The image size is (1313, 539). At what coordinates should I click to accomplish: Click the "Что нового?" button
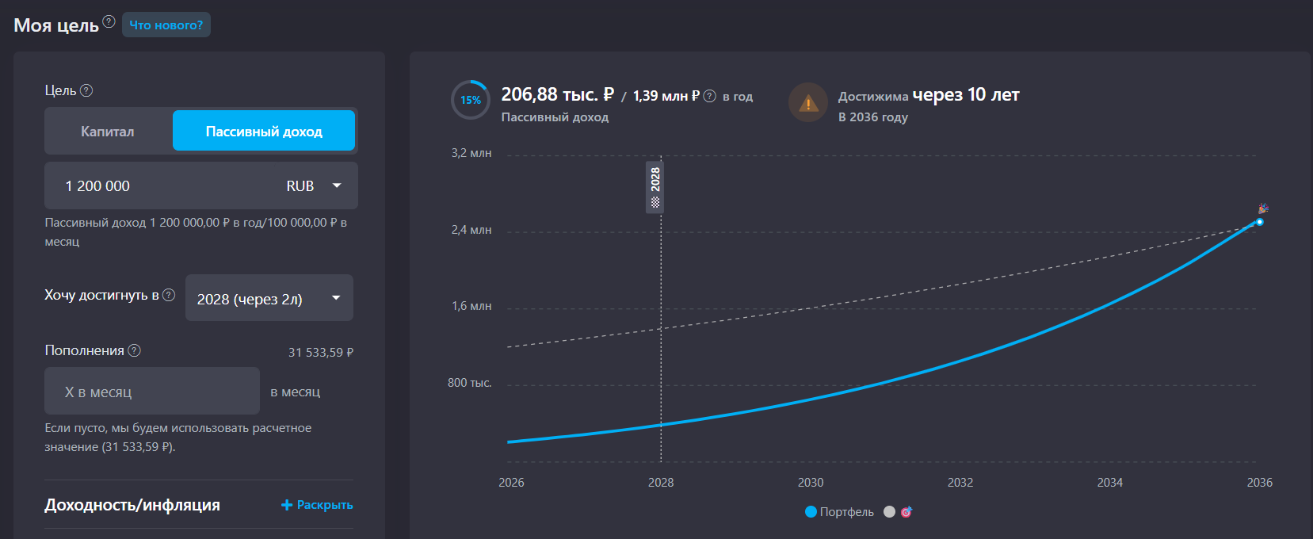pyautogui.click(x=166, y=25)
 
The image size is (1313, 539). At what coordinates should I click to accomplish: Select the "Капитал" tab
pyautogui.click(x=108, y=132)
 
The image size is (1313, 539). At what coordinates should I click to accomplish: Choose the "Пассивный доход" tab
pyautogui.click(x=264, y=132)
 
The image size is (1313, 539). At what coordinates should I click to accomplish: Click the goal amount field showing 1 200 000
pyautogui.click(x=158, y=186)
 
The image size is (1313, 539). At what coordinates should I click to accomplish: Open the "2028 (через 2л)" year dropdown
pyautogui.click(x=269, y=299)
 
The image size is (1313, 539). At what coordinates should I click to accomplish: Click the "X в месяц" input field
pyautogui.click(x=151, y=392)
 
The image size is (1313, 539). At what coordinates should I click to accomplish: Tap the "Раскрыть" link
pyautogui.click(x=317, y=505)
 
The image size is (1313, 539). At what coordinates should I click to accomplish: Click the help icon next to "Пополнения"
pyautogui.click(x=135, y=350)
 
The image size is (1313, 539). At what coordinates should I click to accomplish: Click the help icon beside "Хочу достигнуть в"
pyautogui.click(x=169, y=295)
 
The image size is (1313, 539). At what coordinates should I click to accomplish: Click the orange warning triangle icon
pyautogui.click(x=808, y=103)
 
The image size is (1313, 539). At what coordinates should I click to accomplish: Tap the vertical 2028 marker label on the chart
pyautogui.click(x=655, y=186)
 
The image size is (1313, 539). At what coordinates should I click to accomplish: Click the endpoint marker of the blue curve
pyautogui.click(x=1259, y=222)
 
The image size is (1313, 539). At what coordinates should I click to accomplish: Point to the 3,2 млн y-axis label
pyautogui.click(x=471, y=153)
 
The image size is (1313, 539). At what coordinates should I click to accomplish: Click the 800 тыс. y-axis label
pyautogui.click(x=469, y=383)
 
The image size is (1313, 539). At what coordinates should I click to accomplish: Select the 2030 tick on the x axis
pyautogui.click(x=811, y=483)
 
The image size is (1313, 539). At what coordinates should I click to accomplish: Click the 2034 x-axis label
pyautogui.click(x=1109, y=483)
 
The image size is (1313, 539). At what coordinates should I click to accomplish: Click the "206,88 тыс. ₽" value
pyautogui.click(x=558, y=95)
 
